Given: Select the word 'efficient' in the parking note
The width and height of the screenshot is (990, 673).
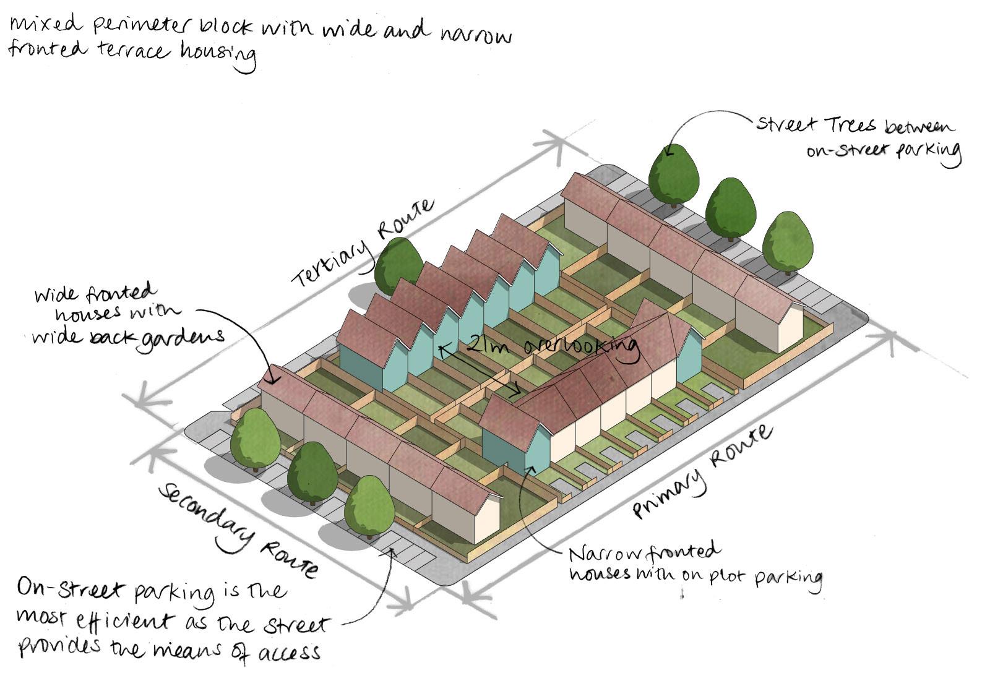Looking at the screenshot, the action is [131, 620].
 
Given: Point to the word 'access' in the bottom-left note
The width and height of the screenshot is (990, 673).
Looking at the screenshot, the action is [288, 651].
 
